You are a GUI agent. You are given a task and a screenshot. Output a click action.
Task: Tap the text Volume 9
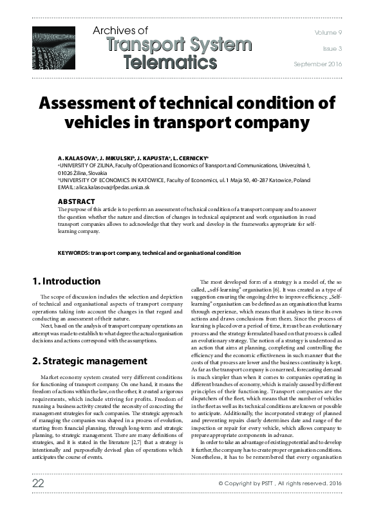click(x=330, y=32)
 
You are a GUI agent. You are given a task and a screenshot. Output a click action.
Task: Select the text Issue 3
click(x=332, y=48)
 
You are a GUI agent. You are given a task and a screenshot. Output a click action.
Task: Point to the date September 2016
click(x=318, y=64)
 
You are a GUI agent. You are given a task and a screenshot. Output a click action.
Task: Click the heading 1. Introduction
click(x=66, y=281)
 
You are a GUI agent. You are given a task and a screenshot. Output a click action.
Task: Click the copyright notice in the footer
click(x=279, y=500)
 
